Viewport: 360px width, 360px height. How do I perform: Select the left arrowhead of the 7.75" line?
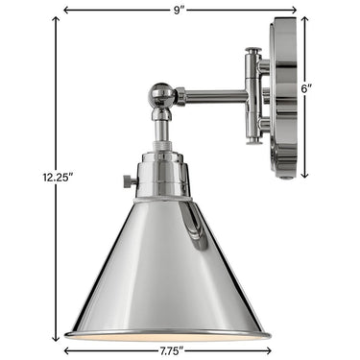[67, 351]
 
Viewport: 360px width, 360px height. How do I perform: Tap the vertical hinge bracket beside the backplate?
[253, 96]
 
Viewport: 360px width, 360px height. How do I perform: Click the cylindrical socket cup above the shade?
[164, 173]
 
